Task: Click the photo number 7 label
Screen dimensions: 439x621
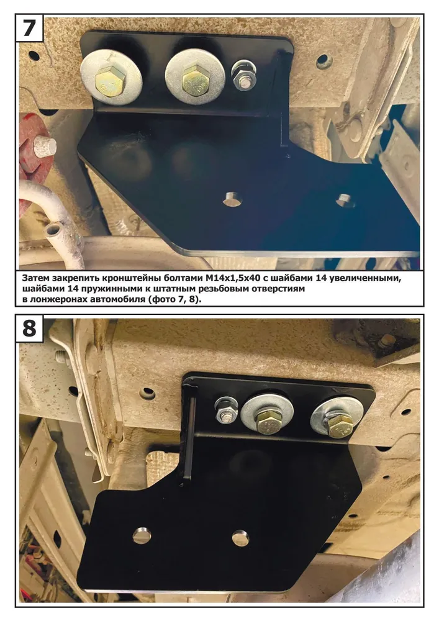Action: [29, 28]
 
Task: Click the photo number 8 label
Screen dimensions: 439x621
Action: [29, 329]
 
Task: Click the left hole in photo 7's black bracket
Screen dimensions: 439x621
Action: [232, 199]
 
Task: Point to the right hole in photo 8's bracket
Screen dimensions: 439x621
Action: [240, 538]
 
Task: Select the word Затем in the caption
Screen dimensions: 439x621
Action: [35, 278]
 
